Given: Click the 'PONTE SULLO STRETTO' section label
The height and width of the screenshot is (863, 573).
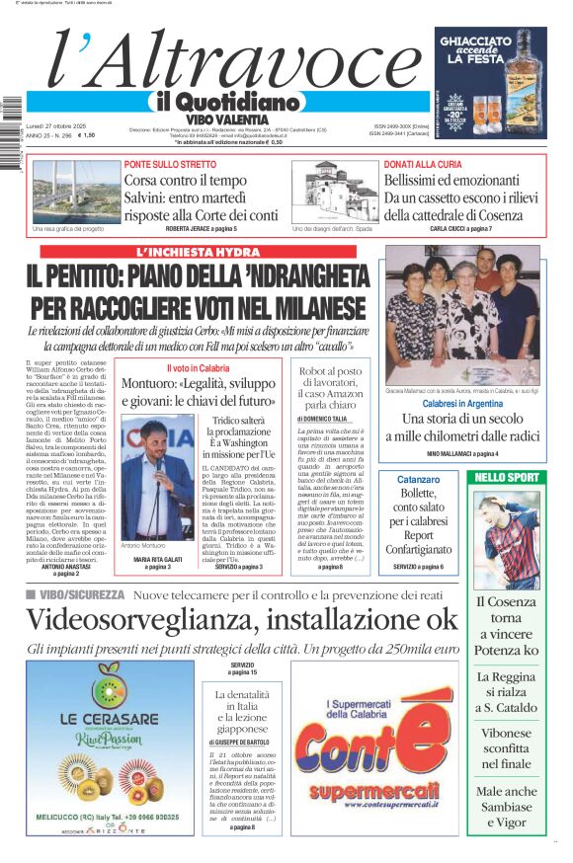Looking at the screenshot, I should click(169, 164).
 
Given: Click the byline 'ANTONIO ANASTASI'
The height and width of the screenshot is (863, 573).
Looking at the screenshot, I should click(65, 566).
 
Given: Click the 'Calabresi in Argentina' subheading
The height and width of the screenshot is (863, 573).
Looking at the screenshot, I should click(462, 404).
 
